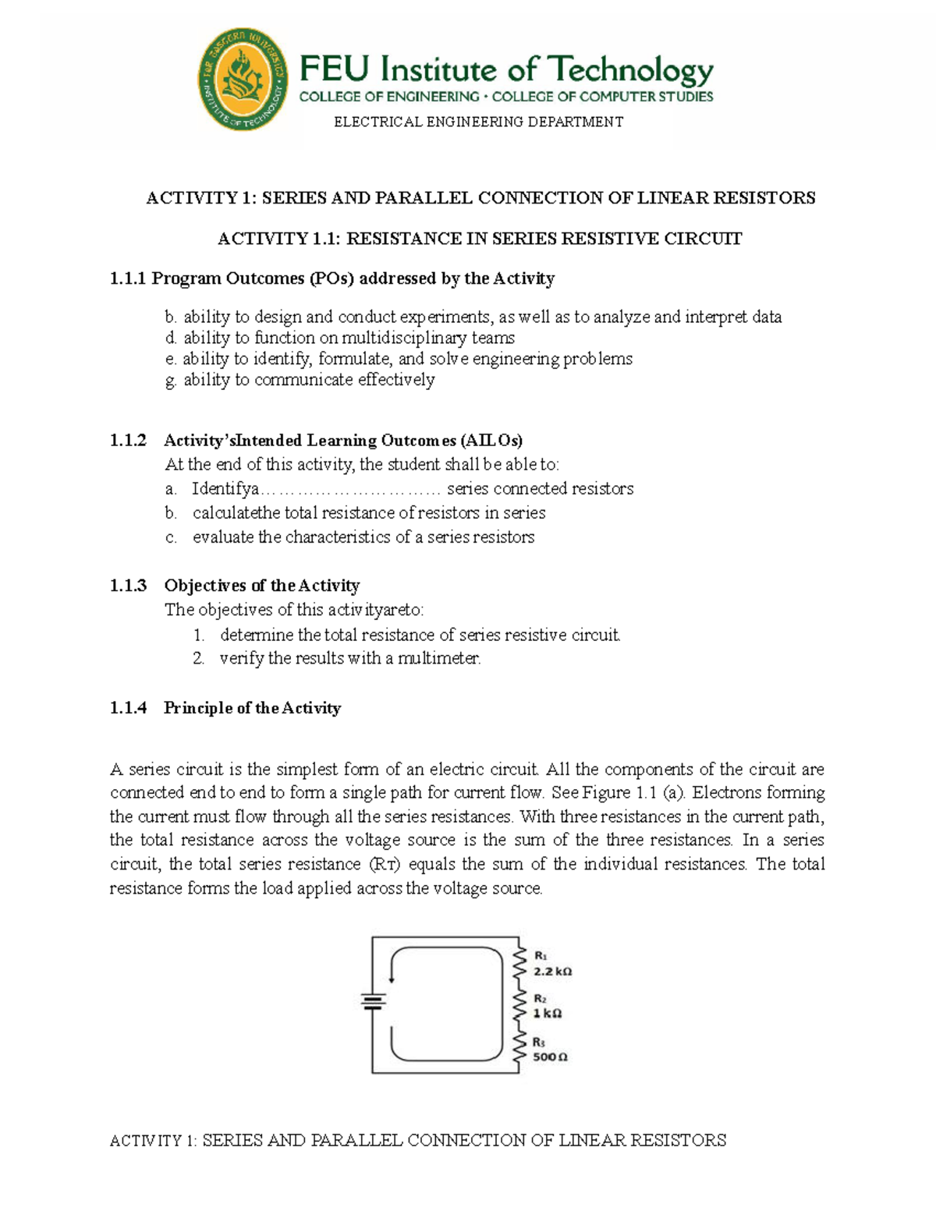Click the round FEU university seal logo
click(243, 80)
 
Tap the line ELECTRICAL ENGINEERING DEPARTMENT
click(478, 122)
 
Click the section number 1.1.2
click(128, 441)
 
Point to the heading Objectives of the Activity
click(261, 586)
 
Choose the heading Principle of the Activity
click(252, 708)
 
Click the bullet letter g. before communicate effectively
click(171, 381)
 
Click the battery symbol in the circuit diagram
click(374, 1002)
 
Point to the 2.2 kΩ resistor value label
click(552, 972)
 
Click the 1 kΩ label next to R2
click(547, 1014)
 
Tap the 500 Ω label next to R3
click(550, 1057)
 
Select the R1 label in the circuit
click(541, 955)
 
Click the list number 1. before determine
click(199, 636)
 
